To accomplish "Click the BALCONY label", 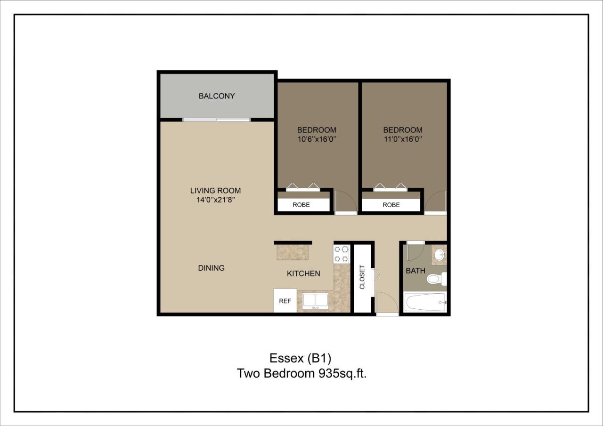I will (x=217, y=96).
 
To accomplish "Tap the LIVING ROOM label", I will (x=215, y=191).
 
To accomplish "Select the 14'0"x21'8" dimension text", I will (x=215, y=200).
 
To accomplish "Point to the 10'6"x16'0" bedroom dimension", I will (x=316, y=139).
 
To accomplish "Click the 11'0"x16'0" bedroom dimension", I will (x=402, y=139).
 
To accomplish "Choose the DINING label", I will (x=211, y=268).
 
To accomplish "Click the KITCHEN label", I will (x=303, y=273).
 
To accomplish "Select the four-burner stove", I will (x=341, y=254).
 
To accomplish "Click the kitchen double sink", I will (x=316, y=300).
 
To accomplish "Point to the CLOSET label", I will (x=362, y=277).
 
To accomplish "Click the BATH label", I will (x=416, y=271).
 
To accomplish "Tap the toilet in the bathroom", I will (x=436, y=279).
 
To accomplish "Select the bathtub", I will (x=424, y=302).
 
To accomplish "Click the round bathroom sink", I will (x=439, y=255).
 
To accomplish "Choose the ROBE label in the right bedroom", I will (x=391, y=205).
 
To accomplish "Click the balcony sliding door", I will (x=216, y=120).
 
